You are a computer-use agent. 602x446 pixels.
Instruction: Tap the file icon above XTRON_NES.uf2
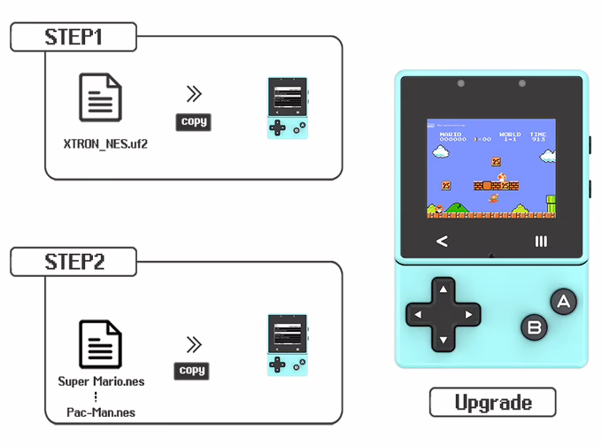tap(100, 98)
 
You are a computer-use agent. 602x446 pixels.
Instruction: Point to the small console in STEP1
tap(287, 108)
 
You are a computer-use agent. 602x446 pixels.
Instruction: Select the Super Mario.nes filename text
tap(101, 381)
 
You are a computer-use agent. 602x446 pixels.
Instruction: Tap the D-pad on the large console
tap(443, 313)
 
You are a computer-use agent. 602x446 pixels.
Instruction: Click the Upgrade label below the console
tap(492, 403)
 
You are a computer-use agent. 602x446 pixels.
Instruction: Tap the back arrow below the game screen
tap(442, 241)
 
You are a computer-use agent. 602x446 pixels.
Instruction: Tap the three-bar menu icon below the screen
tap(541, 241)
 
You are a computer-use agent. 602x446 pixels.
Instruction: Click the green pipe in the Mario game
tap(551, 204)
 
